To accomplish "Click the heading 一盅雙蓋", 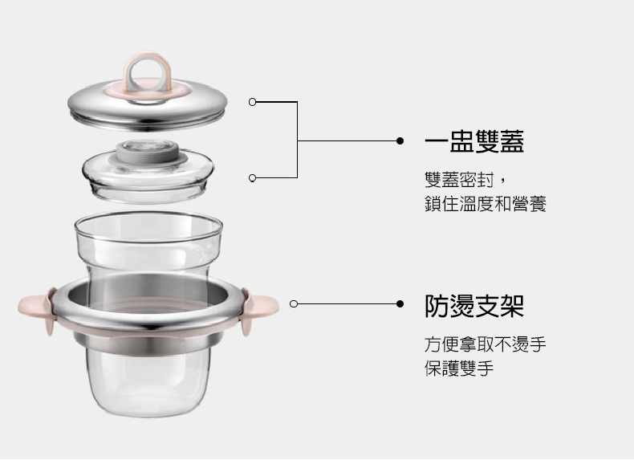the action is (474, 141).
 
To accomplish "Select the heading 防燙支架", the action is (474, 306).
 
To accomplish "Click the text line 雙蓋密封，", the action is (465, 179).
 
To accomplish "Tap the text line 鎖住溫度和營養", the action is (486, 203).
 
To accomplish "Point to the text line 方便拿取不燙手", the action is (486, 344).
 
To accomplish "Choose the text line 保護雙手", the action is (459, 368).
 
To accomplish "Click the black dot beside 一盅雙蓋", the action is (400, 140).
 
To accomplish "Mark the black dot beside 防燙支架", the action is (400, 303).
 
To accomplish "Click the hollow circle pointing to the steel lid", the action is (253, 102).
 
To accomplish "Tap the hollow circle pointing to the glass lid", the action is (253, 177).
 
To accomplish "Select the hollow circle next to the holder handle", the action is (294, 303).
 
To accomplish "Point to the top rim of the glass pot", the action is (148, 214).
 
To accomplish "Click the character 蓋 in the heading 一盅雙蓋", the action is (512, 141).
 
